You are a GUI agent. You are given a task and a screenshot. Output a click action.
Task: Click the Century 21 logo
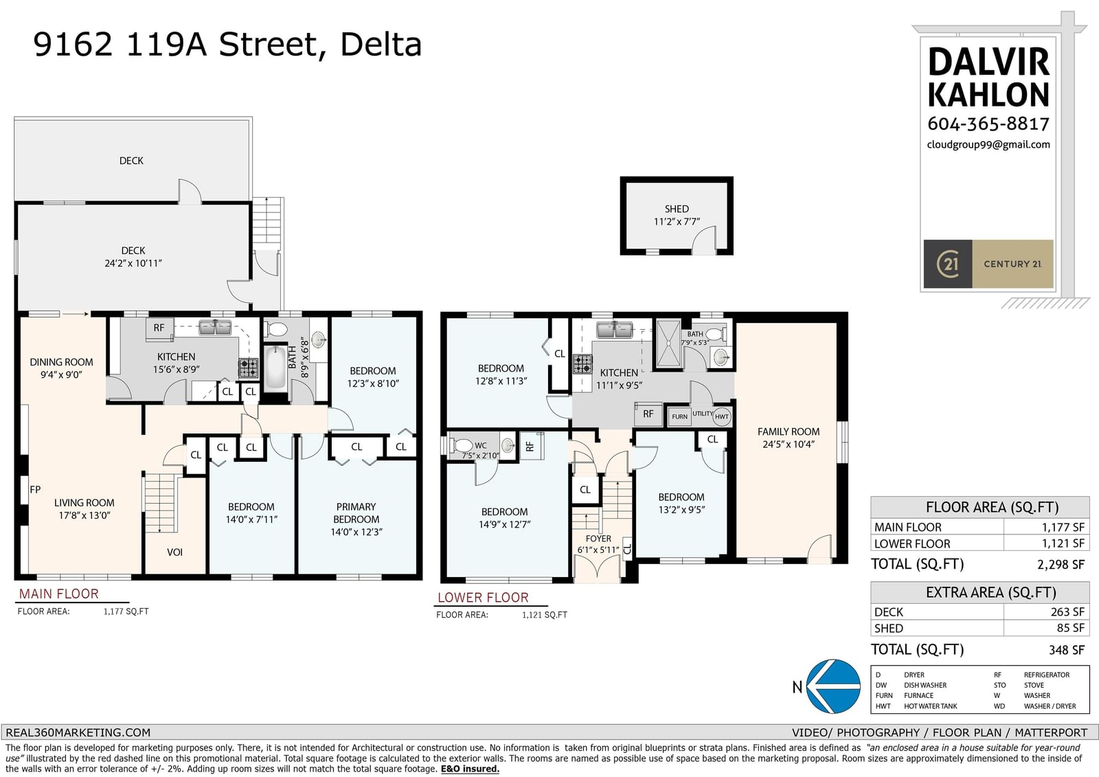tap(988, 264)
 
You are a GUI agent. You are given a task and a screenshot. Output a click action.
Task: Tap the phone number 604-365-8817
tap(988, 124)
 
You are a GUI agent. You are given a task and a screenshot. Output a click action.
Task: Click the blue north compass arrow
tap(833, 686)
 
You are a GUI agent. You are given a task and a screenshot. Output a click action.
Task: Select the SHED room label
tap(677, 209)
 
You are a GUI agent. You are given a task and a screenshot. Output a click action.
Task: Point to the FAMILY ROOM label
tap(789, 431)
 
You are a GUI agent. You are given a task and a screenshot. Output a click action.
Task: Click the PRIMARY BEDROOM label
tap(356, 513)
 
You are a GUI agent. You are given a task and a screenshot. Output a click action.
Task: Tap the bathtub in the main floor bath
tap(275, 368)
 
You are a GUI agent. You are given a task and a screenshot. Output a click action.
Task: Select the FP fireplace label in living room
tap(35, 489)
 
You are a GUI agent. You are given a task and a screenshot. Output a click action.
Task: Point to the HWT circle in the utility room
tap(722, 417)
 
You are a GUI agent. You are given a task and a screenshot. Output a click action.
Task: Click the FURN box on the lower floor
tap(679, 417)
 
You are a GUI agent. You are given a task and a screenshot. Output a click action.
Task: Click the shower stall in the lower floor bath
tap(669, 344)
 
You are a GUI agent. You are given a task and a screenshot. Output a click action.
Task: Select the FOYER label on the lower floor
tap(598, 539)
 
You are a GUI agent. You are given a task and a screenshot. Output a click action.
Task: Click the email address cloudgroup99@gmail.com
tap(988, 145)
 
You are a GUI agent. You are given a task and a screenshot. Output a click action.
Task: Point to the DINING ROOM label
tap(61, 362)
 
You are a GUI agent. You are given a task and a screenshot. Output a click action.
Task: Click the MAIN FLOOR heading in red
tap(59, 594)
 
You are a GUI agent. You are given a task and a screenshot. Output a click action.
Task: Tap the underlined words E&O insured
tap(470, 769)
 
